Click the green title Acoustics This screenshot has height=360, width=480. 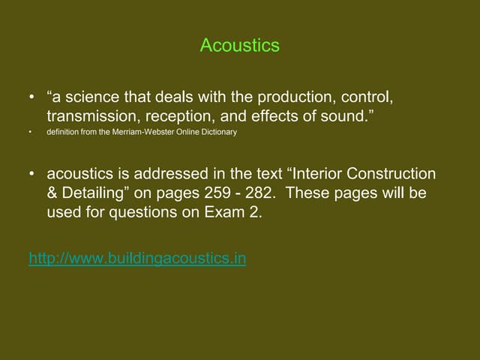[x=239, y=46]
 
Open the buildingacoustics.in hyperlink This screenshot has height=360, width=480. [x=137, y=259]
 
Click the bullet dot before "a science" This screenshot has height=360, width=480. [x=31, y=99]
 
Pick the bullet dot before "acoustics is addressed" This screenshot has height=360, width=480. [x=31, y=175]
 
